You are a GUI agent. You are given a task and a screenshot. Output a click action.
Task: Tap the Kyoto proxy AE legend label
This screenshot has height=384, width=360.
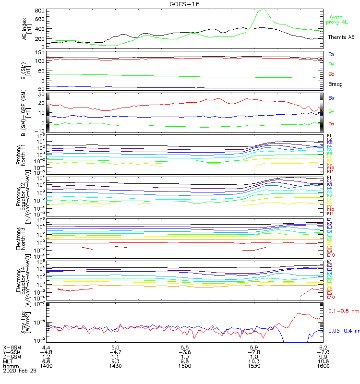coord(336,19)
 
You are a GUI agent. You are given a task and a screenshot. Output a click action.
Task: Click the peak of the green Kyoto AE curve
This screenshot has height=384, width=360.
coord(262,10)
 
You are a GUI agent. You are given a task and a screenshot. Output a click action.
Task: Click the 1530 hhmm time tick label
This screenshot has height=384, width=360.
coord(254,366)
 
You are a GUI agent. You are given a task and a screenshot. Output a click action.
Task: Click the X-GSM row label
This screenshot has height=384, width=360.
coord(12,347)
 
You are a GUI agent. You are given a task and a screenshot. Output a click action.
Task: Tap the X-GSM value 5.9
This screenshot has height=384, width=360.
coord(254,347)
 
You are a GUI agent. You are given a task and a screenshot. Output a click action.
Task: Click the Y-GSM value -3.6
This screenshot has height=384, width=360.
coord(184,351)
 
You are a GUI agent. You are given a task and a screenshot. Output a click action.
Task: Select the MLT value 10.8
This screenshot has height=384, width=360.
coord(323,361)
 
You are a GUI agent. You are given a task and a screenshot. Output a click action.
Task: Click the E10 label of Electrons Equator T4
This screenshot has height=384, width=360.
coord(331,297)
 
